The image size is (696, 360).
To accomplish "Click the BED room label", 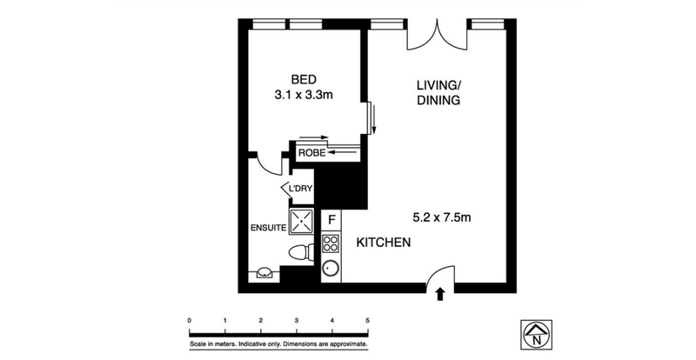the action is (304, 79).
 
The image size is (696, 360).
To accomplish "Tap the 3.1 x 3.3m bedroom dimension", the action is (304, 95).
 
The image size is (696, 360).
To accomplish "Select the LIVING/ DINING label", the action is (438, 92).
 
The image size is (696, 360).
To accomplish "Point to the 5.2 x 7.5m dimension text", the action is (442, 217).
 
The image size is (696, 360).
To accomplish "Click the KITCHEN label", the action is (384, 243).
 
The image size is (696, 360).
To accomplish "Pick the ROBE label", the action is (312, 154).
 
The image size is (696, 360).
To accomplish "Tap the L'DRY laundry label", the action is (300, 189).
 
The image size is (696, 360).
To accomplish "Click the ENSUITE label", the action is (269, 228).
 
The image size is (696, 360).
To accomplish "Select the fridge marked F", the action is (331, 219).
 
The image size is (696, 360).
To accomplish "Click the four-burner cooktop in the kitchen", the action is (331, 243).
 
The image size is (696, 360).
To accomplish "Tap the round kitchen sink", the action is (331, 268).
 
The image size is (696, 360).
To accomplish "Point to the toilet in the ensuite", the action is (301, 253).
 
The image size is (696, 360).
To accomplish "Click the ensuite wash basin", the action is (264, 272).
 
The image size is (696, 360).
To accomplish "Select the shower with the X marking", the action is (301, 221).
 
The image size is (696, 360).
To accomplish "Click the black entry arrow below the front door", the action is (440, 294).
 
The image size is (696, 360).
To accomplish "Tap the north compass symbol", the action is (536, 334).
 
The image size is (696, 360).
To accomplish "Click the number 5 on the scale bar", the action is (367, 320).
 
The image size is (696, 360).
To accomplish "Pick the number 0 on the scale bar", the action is (190, 320).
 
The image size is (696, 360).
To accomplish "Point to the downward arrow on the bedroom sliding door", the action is (374, 119).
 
